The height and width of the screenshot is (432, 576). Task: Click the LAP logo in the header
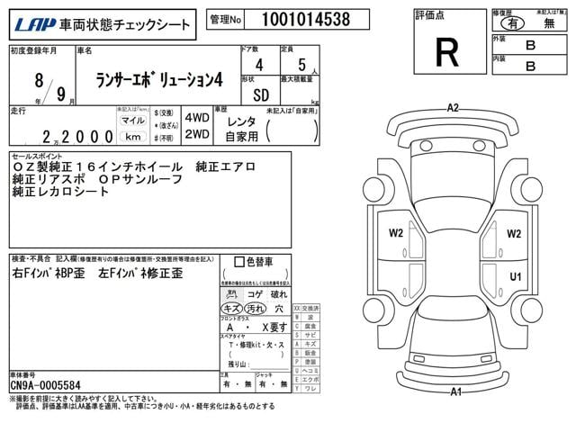coord(31,23)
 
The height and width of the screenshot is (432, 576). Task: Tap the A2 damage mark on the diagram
coord(453,108)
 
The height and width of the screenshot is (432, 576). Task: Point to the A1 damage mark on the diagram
coord(456,391)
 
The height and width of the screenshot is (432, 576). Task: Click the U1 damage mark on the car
coord(516,276)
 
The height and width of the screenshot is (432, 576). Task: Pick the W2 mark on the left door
coord(396,234)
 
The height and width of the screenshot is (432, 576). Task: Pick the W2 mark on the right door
coord(514,234)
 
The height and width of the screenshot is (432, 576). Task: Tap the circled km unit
coord(132,136)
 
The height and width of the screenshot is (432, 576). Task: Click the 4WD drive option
coord(197,119)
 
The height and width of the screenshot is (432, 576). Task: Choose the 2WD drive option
coord(197,134)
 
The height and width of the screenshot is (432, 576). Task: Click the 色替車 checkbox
coord(238,262)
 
